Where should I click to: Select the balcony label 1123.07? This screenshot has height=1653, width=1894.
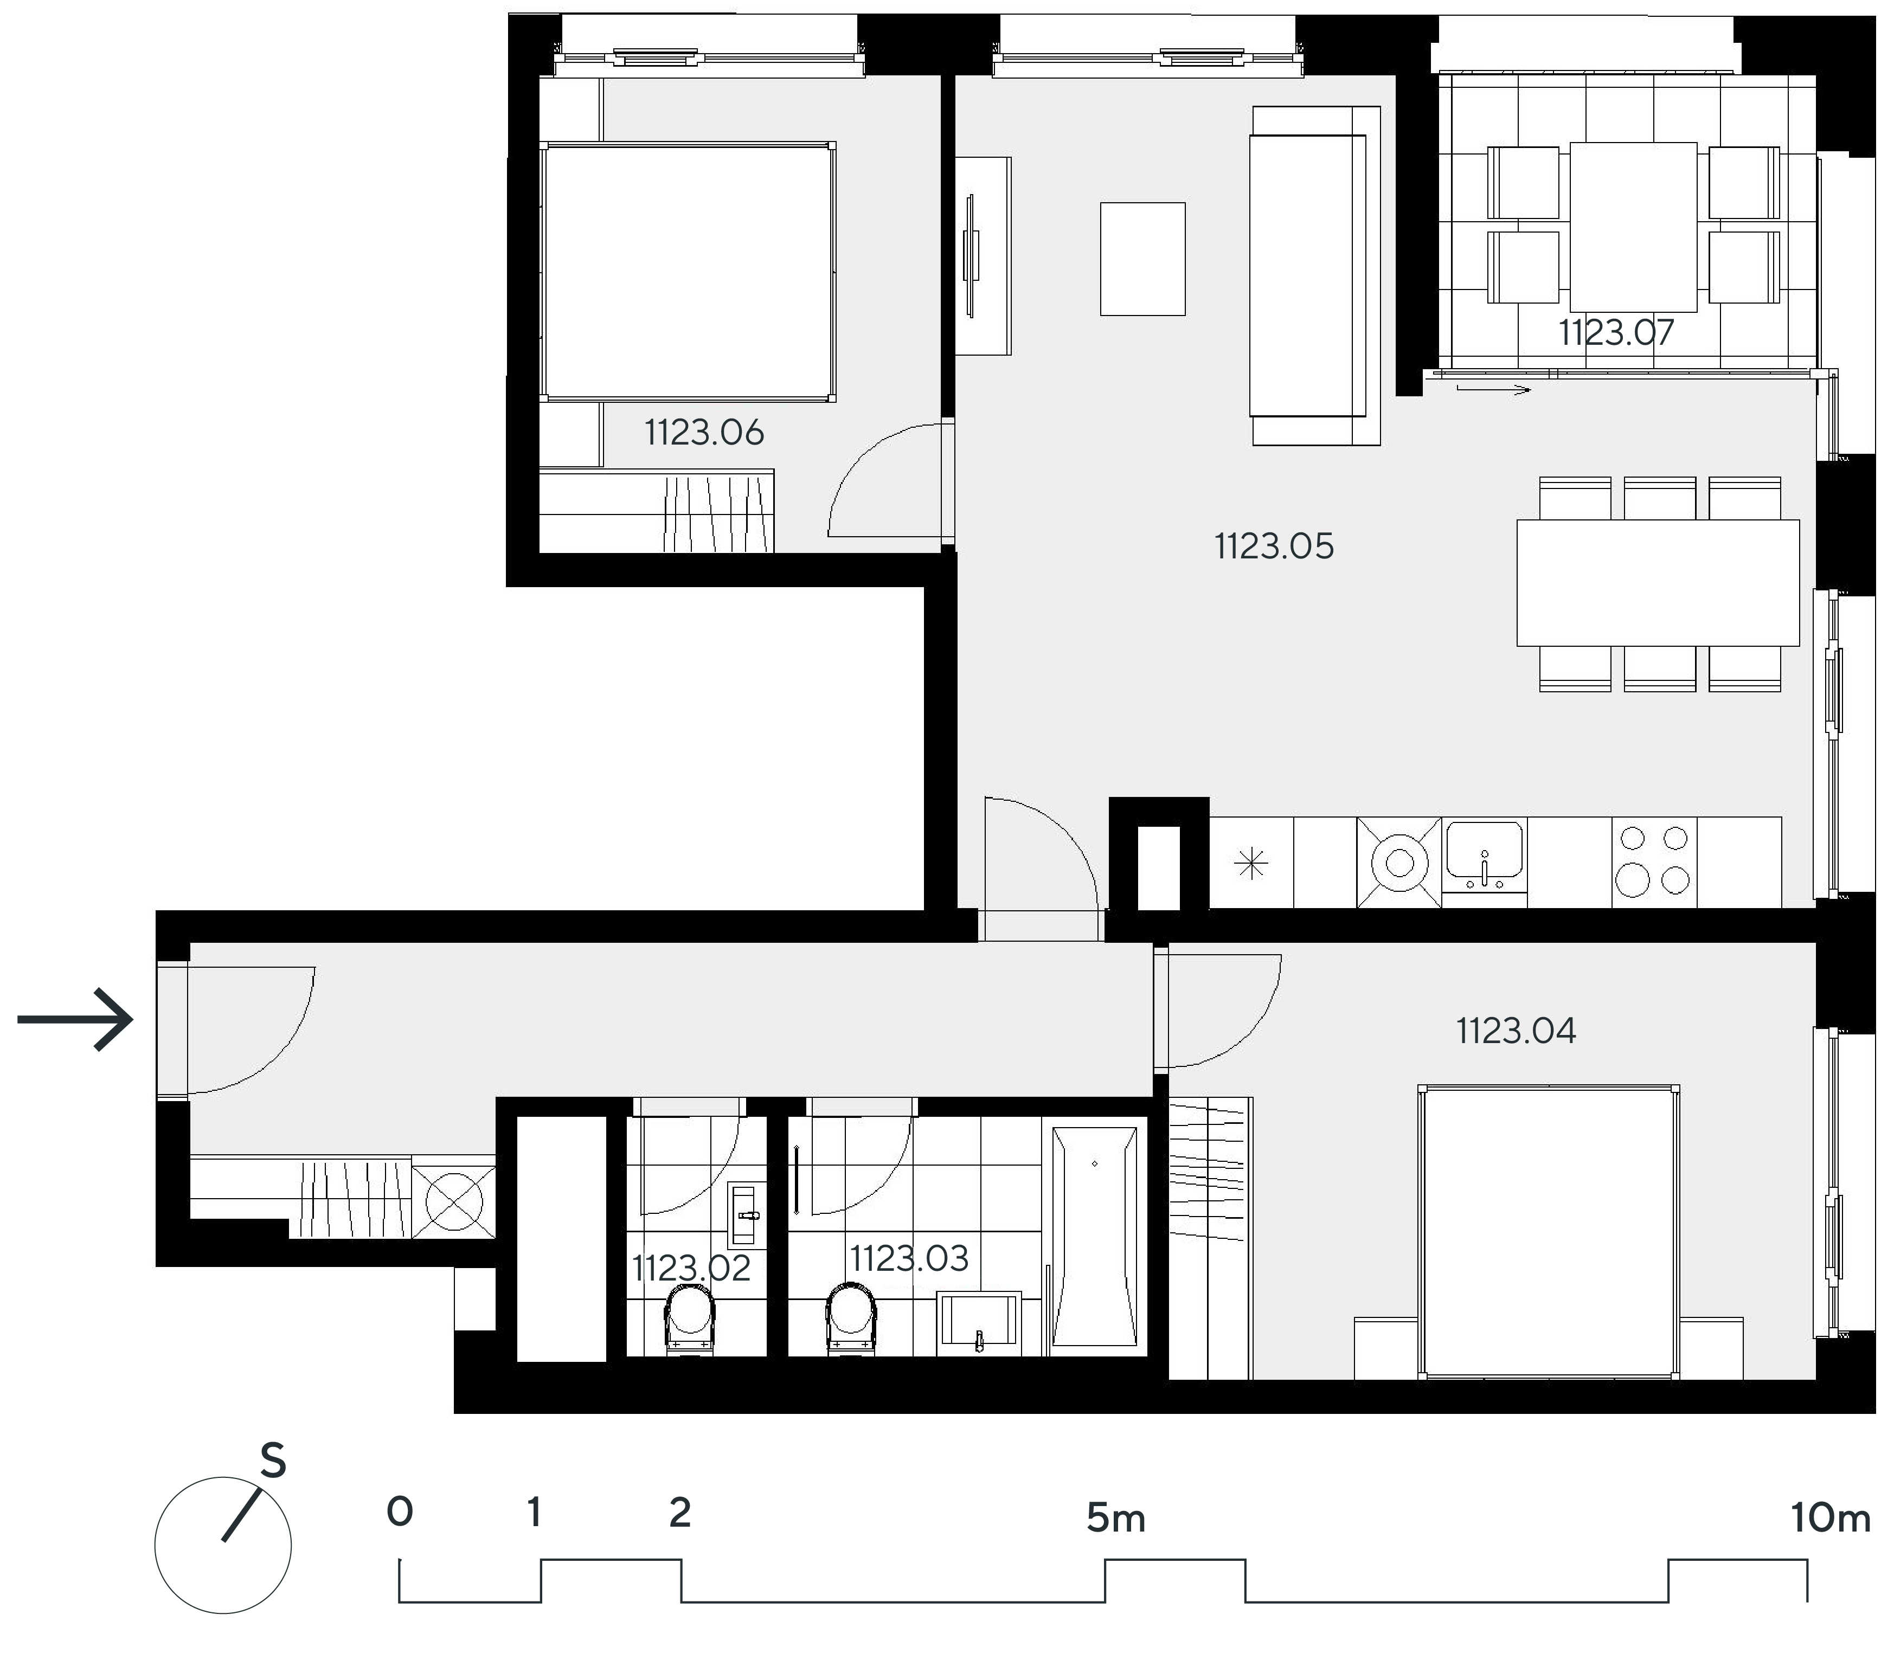(x=1615, y=332)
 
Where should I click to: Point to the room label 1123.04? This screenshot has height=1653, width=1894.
(x=1516, y=1031)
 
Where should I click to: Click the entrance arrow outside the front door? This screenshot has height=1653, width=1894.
(x=76, y=1019)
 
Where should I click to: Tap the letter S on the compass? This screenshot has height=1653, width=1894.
(x=273, y=1461)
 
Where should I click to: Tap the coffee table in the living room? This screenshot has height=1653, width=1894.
(x=1142, y=259)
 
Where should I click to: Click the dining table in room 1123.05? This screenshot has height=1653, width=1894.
(x=1658, y=583)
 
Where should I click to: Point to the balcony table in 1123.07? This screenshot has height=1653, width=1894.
(x=1633, y=227)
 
